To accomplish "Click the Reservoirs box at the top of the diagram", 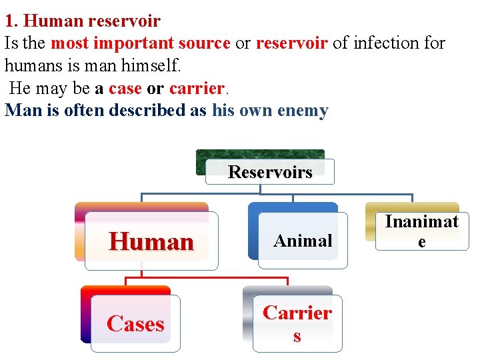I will pos(270,171).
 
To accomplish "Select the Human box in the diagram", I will pos(151,241).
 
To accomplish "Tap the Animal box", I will pos(303,241).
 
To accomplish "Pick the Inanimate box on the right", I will pos(421,231).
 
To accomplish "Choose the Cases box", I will pos(135,323).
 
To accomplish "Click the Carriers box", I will pos(297,323).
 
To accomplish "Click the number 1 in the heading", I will pos(10,21).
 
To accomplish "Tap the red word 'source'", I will pos(203,43).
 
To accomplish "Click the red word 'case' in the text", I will pos(125,89).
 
